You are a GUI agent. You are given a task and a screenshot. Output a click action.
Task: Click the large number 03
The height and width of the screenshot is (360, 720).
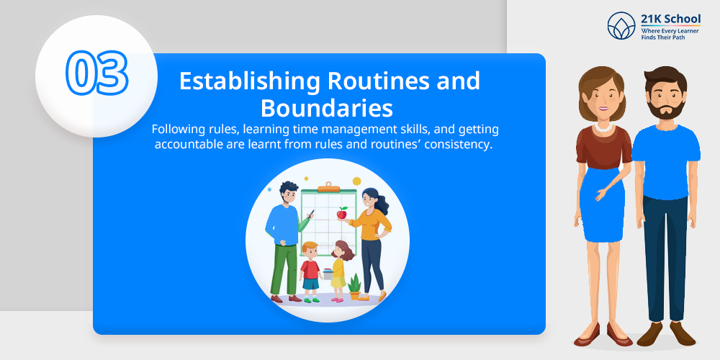click(x=96, y=73)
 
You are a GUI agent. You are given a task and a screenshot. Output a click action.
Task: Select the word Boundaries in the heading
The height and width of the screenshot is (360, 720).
click(x=326, y=109)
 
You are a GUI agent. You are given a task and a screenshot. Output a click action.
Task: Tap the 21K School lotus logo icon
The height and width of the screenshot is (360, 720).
click(x=621, y=26)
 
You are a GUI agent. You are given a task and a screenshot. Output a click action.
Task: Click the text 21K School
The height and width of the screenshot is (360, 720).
click(x=671, y=19)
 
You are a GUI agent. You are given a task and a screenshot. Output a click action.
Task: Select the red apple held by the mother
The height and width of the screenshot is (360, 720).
click(x=341, y=213)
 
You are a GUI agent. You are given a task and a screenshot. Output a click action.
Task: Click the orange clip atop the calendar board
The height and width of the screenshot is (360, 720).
click(x=329, y=187)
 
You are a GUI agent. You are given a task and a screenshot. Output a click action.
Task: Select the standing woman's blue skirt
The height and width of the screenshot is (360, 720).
click(x=601, y=204)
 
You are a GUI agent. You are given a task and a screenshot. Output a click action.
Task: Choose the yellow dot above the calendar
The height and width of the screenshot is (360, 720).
click(x=356, y=181)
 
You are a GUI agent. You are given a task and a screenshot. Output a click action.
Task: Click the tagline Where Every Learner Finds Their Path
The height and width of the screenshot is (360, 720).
click(x=670, y=34)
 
